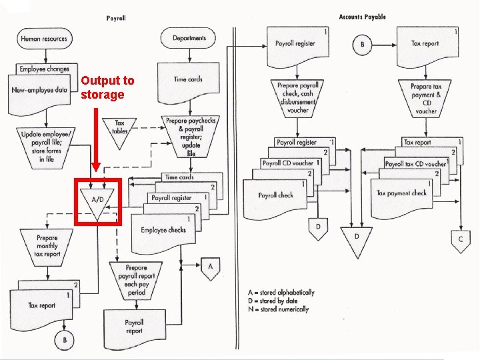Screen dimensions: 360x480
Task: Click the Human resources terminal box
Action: click(x=44, y=39)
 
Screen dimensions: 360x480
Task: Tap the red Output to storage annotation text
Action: click(x=107, y=87)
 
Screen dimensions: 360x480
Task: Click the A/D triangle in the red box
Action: click(x=97, y=201)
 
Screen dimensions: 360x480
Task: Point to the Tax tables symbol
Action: click(x=120, y=127)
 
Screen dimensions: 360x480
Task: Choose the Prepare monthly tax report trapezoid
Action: click(x=47, y=245)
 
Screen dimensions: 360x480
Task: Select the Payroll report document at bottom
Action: click(x=134, y=327)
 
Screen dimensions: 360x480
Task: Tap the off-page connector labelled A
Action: click(x=211, y=267)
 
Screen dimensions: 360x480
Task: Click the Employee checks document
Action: click(x=163, y=231)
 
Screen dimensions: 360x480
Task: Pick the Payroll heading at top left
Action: click(x=116, y=18)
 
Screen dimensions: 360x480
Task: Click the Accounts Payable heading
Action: click(x=362, y=17)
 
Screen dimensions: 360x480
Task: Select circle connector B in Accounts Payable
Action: click(x=363, y=45)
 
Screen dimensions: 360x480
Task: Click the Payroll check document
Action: click(x=275, y=195)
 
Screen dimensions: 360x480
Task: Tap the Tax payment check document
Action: click(x=401, y=193)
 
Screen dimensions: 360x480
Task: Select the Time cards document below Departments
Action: click(x=188, y=80)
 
